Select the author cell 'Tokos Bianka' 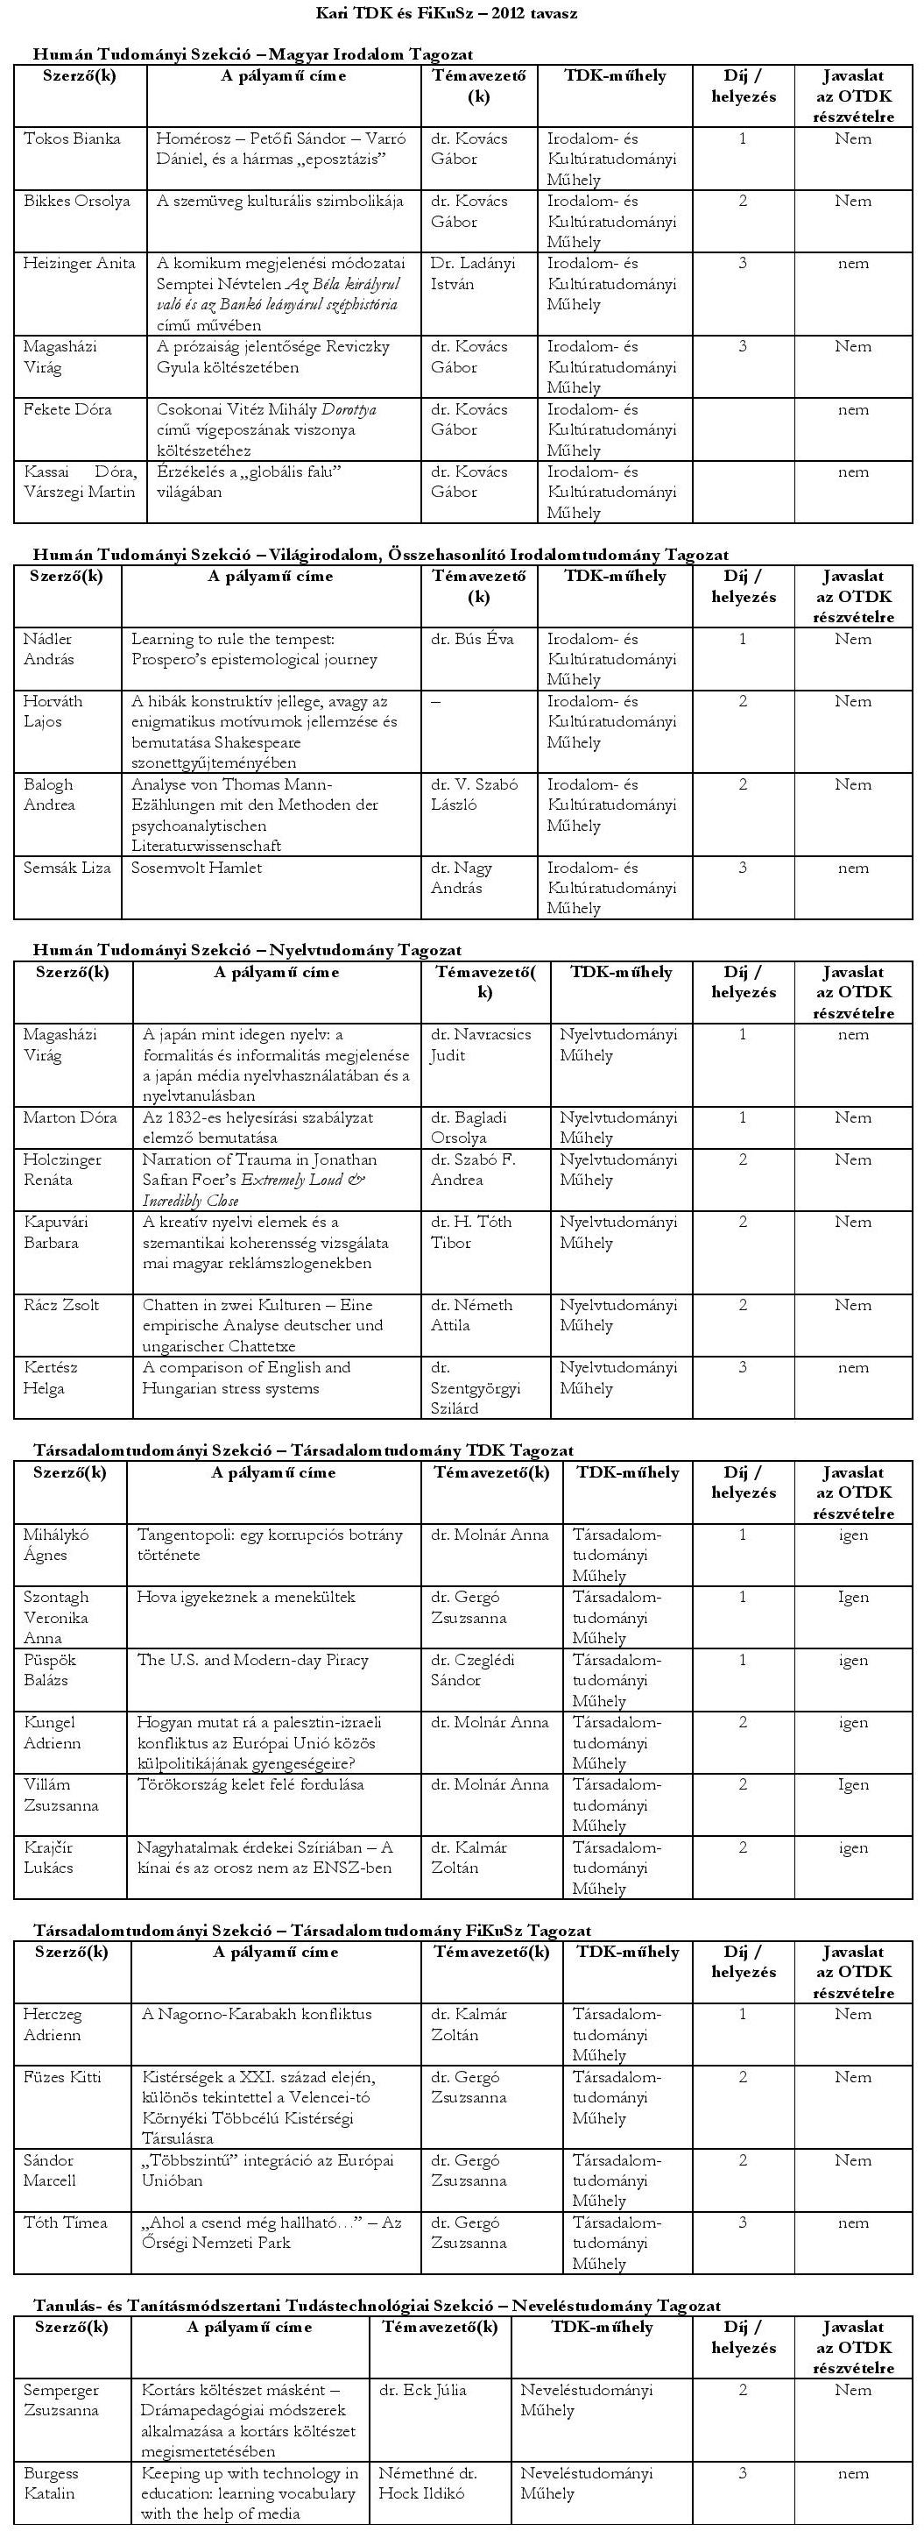[72, 139]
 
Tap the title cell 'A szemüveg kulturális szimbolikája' [279, 201]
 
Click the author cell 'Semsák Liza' [67, 868]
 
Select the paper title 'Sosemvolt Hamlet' [197, 868]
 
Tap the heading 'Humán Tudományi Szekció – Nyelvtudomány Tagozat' [247, 950]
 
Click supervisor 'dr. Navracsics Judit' [480, 1046]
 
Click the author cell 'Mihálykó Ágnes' [56, 1545]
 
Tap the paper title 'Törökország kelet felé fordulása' [250, 1784]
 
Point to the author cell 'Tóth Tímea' [66, 2223]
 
